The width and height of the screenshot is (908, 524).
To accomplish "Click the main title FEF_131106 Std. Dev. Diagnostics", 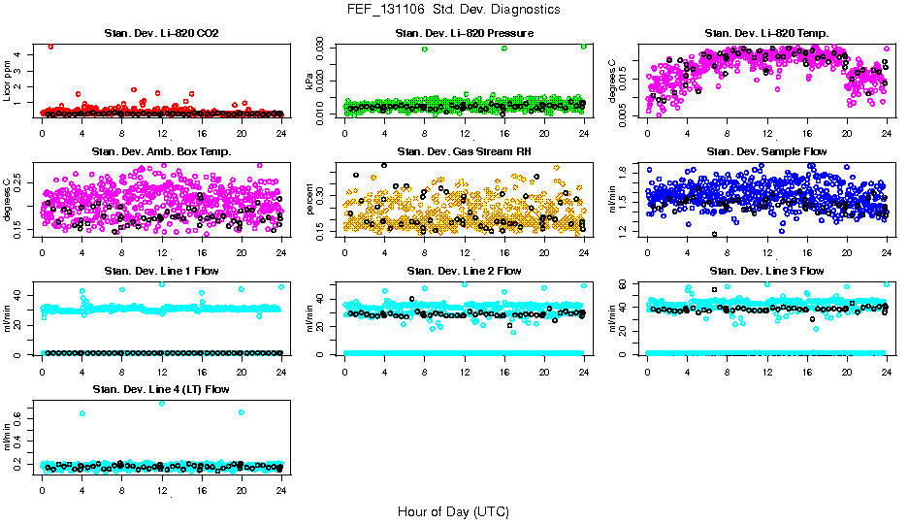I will click(453, 10).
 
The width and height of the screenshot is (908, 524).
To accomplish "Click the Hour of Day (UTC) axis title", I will click(453, 510).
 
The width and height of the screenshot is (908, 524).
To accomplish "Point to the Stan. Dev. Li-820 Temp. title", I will click(766, 34).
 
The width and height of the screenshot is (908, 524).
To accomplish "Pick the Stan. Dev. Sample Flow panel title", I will click(766, 152).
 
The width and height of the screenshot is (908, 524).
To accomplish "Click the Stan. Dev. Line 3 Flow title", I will click(766, 271).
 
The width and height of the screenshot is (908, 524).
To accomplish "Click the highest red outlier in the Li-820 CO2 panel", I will click(50, 46).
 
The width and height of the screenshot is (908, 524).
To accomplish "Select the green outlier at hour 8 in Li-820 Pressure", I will click(425, 49).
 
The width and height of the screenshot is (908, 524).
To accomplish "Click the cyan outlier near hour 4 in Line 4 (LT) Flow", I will click(82, 413).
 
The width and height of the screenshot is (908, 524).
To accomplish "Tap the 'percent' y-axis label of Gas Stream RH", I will click(312, 199).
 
